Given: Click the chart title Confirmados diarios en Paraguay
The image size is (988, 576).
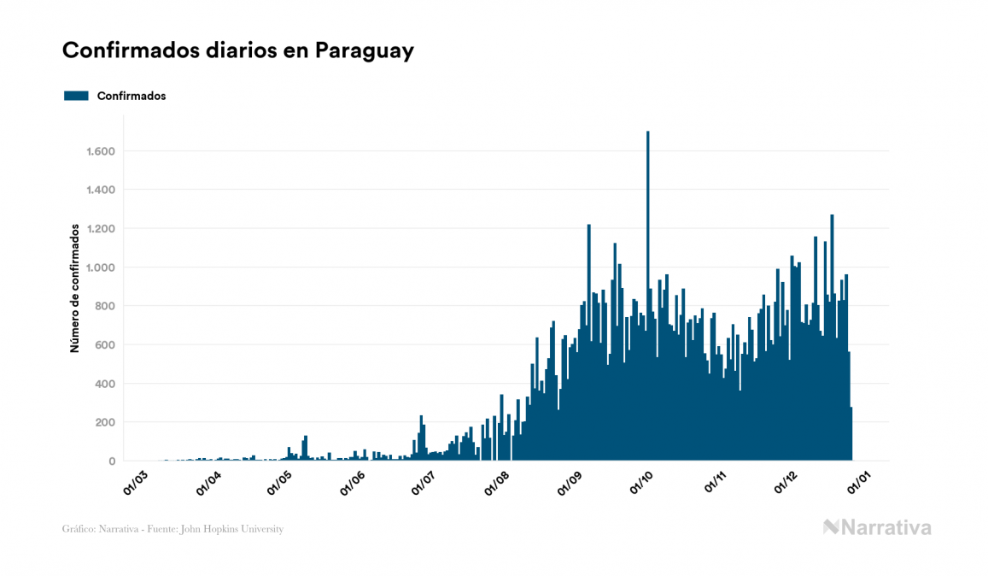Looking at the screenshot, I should (238, 50).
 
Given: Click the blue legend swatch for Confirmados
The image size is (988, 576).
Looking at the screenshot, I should (76, 96).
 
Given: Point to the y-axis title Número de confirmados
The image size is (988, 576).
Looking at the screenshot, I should (75, 288).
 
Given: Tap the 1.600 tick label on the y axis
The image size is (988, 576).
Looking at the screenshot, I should (101, 151).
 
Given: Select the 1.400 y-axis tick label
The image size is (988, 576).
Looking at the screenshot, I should (101, 190).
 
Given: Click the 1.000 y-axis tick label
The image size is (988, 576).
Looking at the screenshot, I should (101, 267).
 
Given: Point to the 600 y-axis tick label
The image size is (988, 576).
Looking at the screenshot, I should (106, 345).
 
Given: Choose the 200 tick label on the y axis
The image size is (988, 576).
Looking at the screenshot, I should (106, 422).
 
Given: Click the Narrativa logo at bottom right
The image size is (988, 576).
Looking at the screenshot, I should (877, 527).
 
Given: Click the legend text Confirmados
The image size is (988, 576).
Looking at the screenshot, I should (132, 96).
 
